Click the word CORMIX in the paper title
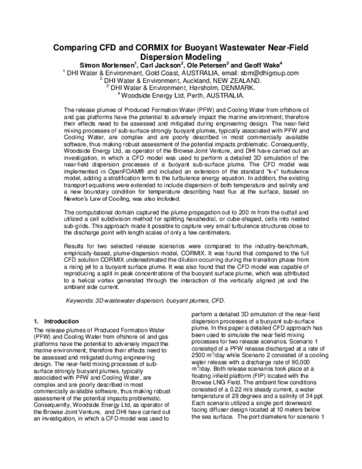click(156, 49)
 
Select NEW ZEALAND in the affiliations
click(237, 80)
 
